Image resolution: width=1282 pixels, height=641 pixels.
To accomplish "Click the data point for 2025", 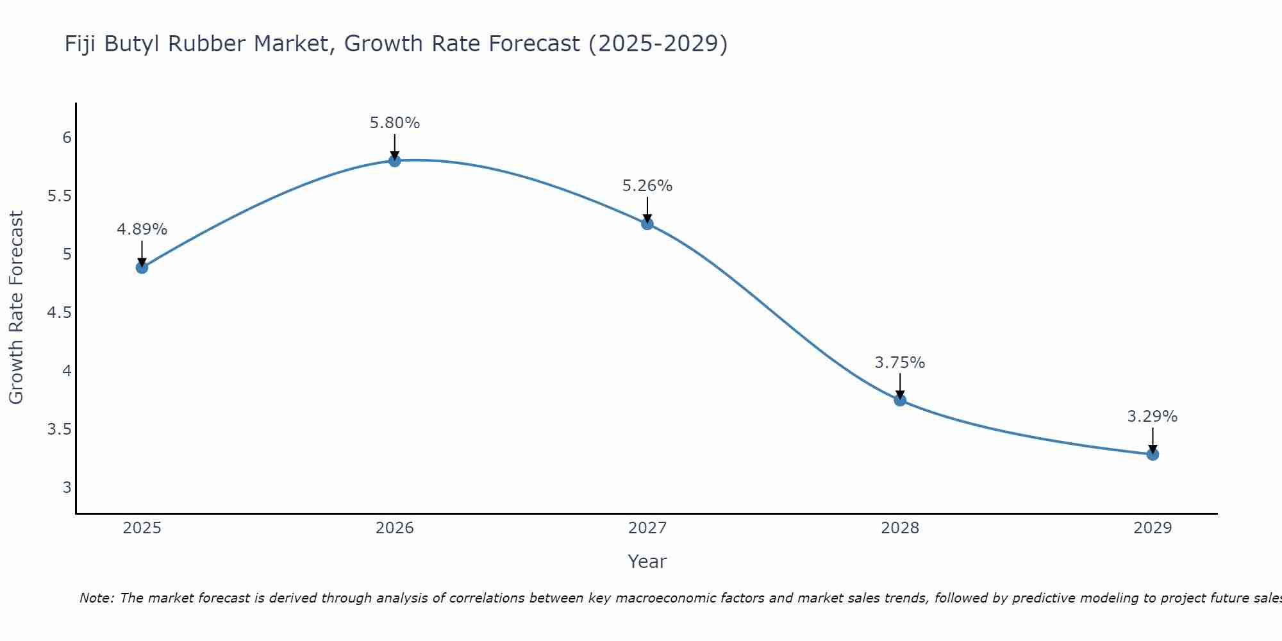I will coord(142,267).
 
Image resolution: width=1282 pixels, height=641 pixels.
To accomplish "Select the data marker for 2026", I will coord(395,160).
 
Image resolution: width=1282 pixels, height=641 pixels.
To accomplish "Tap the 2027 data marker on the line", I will coord(647,224).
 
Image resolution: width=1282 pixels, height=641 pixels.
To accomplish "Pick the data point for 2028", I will coord(900,400).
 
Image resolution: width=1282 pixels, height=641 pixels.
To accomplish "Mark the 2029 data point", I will coord(1153,454).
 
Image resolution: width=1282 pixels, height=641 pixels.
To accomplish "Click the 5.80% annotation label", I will coord(395,123).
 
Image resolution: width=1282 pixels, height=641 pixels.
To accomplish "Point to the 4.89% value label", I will coord(142,229).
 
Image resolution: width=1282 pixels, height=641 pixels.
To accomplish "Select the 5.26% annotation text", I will coord(647,186).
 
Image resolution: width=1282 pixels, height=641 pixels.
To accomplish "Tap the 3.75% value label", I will coord(900,363).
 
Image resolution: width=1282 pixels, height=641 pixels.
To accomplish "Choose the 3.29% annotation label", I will coord(1153,417).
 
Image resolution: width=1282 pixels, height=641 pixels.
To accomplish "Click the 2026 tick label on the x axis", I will coord(395,528).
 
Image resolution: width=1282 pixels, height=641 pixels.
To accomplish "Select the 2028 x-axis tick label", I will coord(900,528).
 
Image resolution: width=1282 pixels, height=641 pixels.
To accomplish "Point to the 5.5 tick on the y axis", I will coord(60,196).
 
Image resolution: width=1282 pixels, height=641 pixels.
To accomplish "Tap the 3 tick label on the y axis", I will coord(67,488).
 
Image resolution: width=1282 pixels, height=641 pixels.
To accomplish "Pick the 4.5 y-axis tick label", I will coord(60,313).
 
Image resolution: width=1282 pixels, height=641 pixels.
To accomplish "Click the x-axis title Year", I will coord(647,562).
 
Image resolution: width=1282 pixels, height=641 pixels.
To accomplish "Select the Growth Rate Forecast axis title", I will coord(16,308).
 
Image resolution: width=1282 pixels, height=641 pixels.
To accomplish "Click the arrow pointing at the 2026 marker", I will coord(395,146).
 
